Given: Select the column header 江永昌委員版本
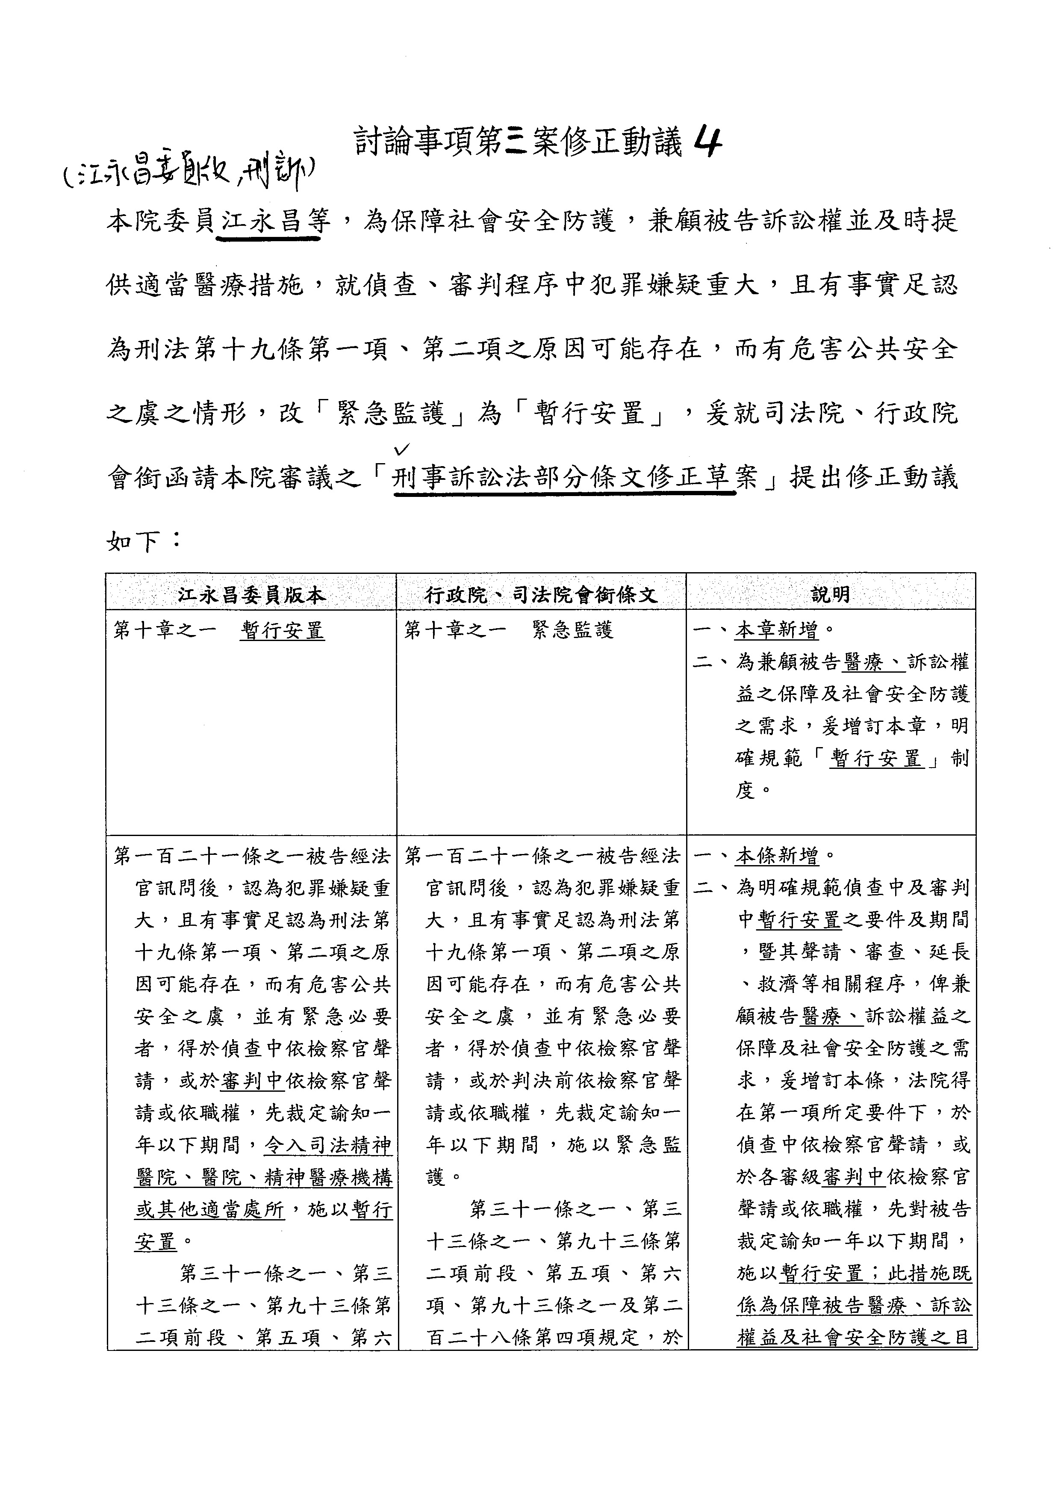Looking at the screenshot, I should pyautogui.click(x=251, y=594).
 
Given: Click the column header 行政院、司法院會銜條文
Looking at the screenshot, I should pyautogui.click(x=541, y=594).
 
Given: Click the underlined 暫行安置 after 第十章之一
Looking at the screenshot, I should pyautogui.click(x=282, y=631).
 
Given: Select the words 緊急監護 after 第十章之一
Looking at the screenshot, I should pyautogui.click(x=573, y=631).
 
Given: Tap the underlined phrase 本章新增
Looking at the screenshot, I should pyautogui.click(x=776, y=631).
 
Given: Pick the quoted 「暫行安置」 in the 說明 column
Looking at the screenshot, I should pyautogui.click(x=876, y=759).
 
